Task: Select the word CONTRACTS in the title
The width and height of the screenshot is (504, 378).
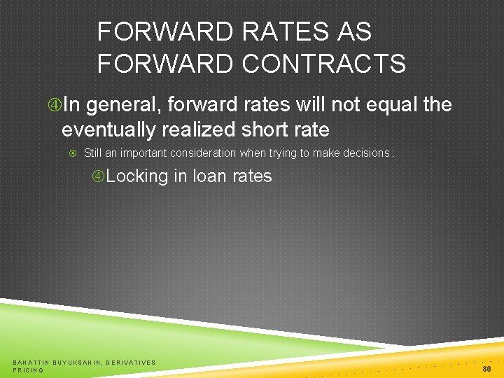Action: (323, 64)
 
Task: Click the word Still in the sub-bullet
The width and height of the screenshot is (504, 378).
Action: (92, 153)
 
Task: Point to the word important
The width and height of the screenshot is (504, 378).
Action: (145, 153)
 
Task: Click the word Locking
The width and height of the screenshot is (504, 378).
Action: (137, 176)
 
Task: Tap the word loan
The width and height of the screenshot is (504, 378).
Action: (211, 176)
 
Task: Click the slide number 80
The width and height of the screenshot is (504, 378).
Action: (486, 368)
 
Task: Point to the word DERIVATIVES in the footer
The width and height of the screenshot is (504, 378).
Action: (132, 362)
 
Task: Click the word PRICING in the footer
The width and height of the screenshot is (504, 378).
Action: (28, 370)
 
